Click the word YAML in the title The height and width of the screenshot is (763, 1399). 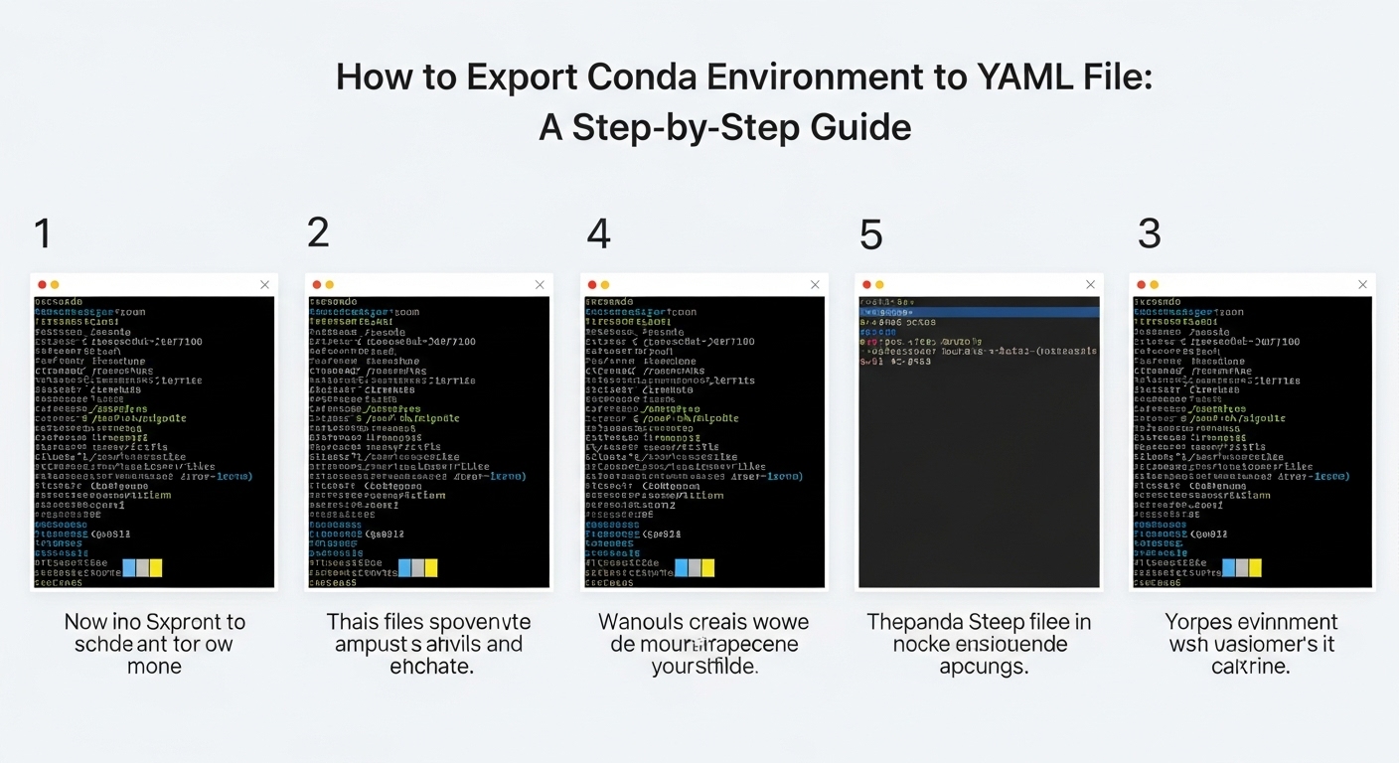click(x=1014, y=78)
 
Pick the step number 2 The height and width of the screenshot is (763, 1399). click(x=318, y=233)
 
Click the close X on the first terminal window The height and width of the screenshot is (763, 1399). click(x=264, y=285)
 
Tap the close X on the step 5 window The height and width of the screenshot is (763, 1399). click(x=1090, y=285)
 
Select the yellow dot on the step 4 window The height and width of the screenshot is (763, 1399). click(x=605, y=285)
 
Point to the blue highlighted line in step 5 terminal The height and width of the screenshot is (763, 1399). click(x=979, y=311)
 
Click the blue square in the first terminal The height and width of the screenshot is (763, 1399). click(x=129, y=567)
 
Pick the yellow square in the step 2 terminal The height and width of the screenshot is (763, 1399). click(x=431, y=567)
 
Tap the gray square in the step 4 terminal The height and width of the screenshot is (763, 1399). click(x=695, y=567)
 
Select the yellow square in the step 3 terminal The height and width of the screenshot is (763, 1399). click(x=1255, y=567)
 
